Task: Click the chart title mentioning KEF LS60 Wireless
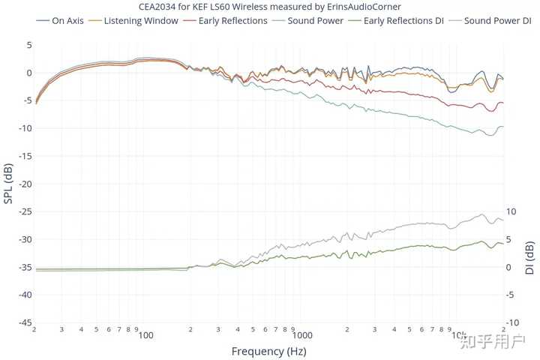pos(269,7)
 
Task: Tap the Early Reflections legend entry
pos(232,20)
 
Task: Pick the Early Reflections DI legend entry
pos(403,20)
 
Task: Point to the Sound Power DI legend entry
pos(496,20)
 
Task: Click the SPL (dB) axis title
pos(8,184)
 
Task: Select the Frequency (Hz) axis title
pos(268,350)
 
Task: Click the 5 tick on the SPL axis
pos(28,45)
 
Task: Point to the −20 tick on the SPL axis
pos(23,184)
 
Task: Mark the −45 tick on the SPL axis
pos(23,322)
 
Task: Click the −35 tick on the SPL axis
pos(23,267)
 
